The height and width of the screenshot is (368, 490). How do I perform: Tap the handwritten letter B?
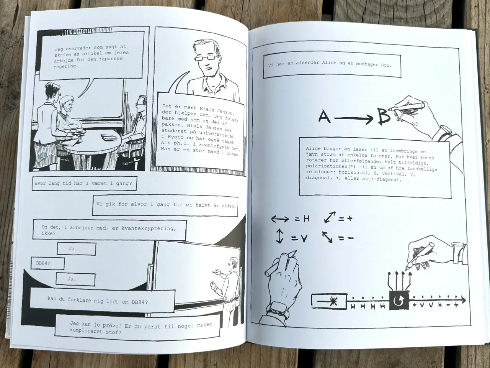coord(384,117)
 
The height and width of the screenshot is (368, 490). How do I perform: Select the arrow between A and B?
coord(354,119)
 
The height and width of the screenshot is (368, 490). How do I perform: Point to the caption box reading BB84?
coord(48,263)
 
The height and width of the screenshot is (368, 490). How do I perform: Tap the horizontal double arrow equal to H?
coord(280,219)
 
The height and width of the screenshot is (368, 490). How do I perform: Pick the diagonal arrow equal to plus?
coord(330,217)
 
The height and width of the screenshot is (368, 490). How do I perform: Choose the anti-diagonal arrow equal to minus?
coord(328,237)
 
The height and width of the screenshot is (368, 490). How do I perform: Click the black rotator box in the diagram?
coord(399,300)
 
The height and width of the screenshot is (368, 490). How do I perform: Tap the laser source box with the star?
coord(329,302)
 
